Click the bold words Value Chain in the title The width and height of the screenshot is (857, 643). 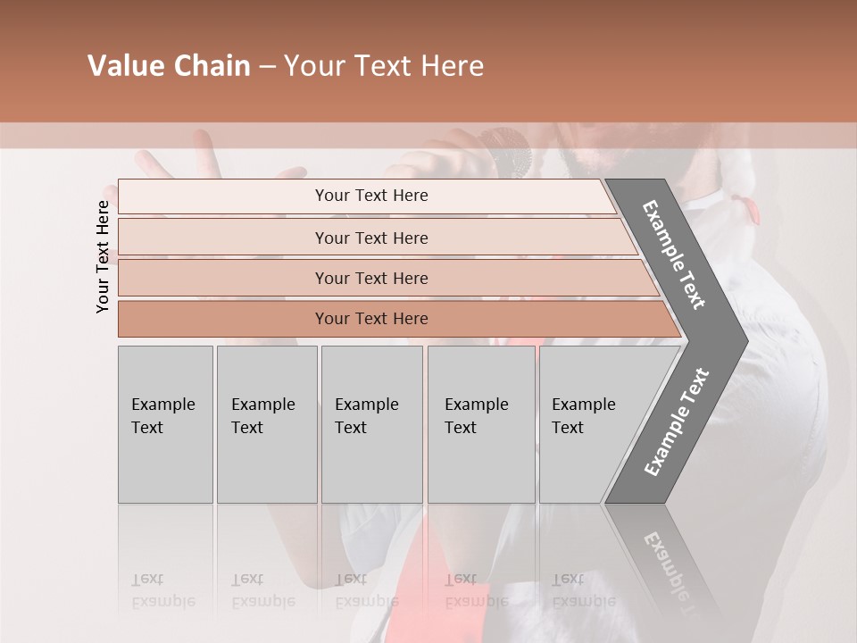click(169, 66)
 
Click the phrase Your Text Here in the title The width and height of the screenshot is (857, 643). click(384, 66)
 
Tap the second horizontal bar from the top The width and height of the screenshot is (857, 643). click(371, 238)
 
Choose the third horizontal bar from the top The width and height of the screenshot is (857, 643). click(371, 278)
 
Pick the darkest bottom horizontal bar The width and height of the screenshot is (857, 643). click(371, 319)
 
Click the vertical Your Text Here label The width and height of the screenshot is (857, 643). click(103, 256)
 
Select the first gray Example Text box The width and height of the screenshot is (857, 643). click(165, 424)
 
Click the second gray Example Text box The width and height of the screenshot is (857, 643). click(266, 424)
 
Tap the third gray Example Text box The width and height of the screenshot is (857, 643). click(371, 424)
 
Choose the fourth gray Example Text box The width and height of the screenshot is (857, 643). click(481, 424)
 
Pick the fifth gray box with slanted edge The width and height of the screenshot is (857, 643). click(589, 424)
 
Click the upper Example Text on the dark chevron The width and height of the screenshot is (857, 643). click(674, 255)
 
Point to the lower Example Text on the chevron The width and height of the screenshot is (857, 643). click(677, 422)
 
